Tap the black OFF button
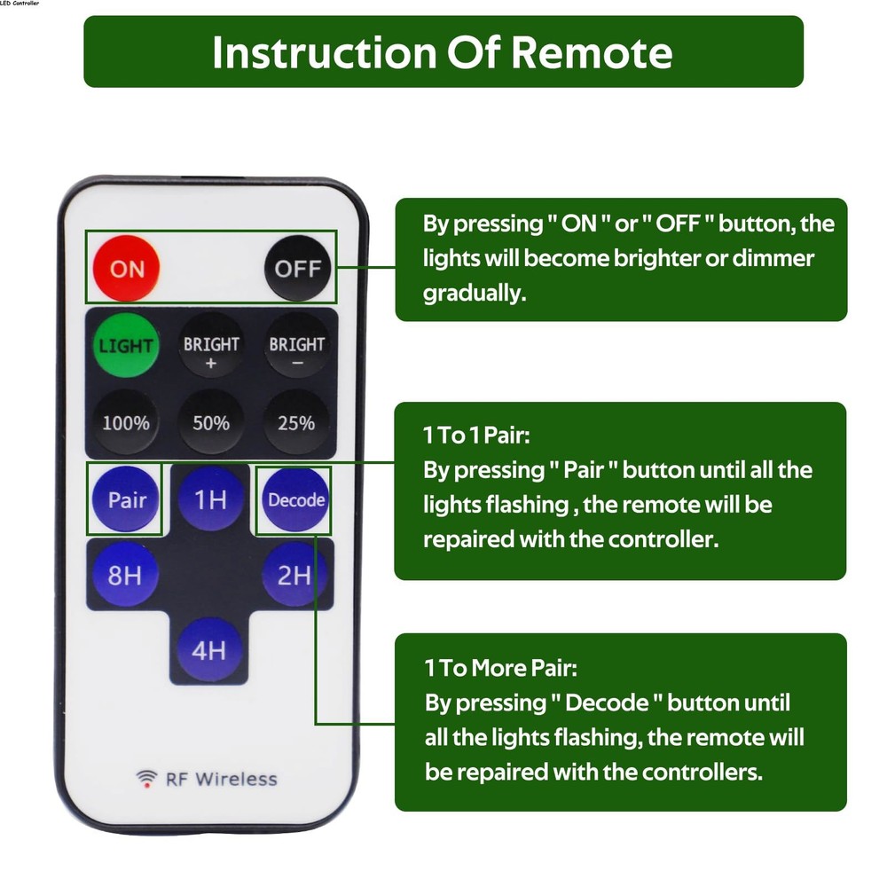(x=297, y=268)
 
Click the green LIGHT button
(x=125, y=345)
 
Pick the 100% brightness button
(x=125, y=423)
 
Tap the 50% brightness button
(x=211, y=423)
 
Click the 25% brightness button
(x=297, y=423)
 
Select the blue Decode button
(x=296, y=499)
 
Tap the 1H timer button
(x=210, y=499)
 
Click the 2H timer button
(x=294, y=576)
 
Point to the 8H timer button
(x=125, y=576)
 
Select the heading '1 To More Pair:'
(x=500, y=667)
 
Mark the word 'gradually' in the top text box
(x=474, y=294)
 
